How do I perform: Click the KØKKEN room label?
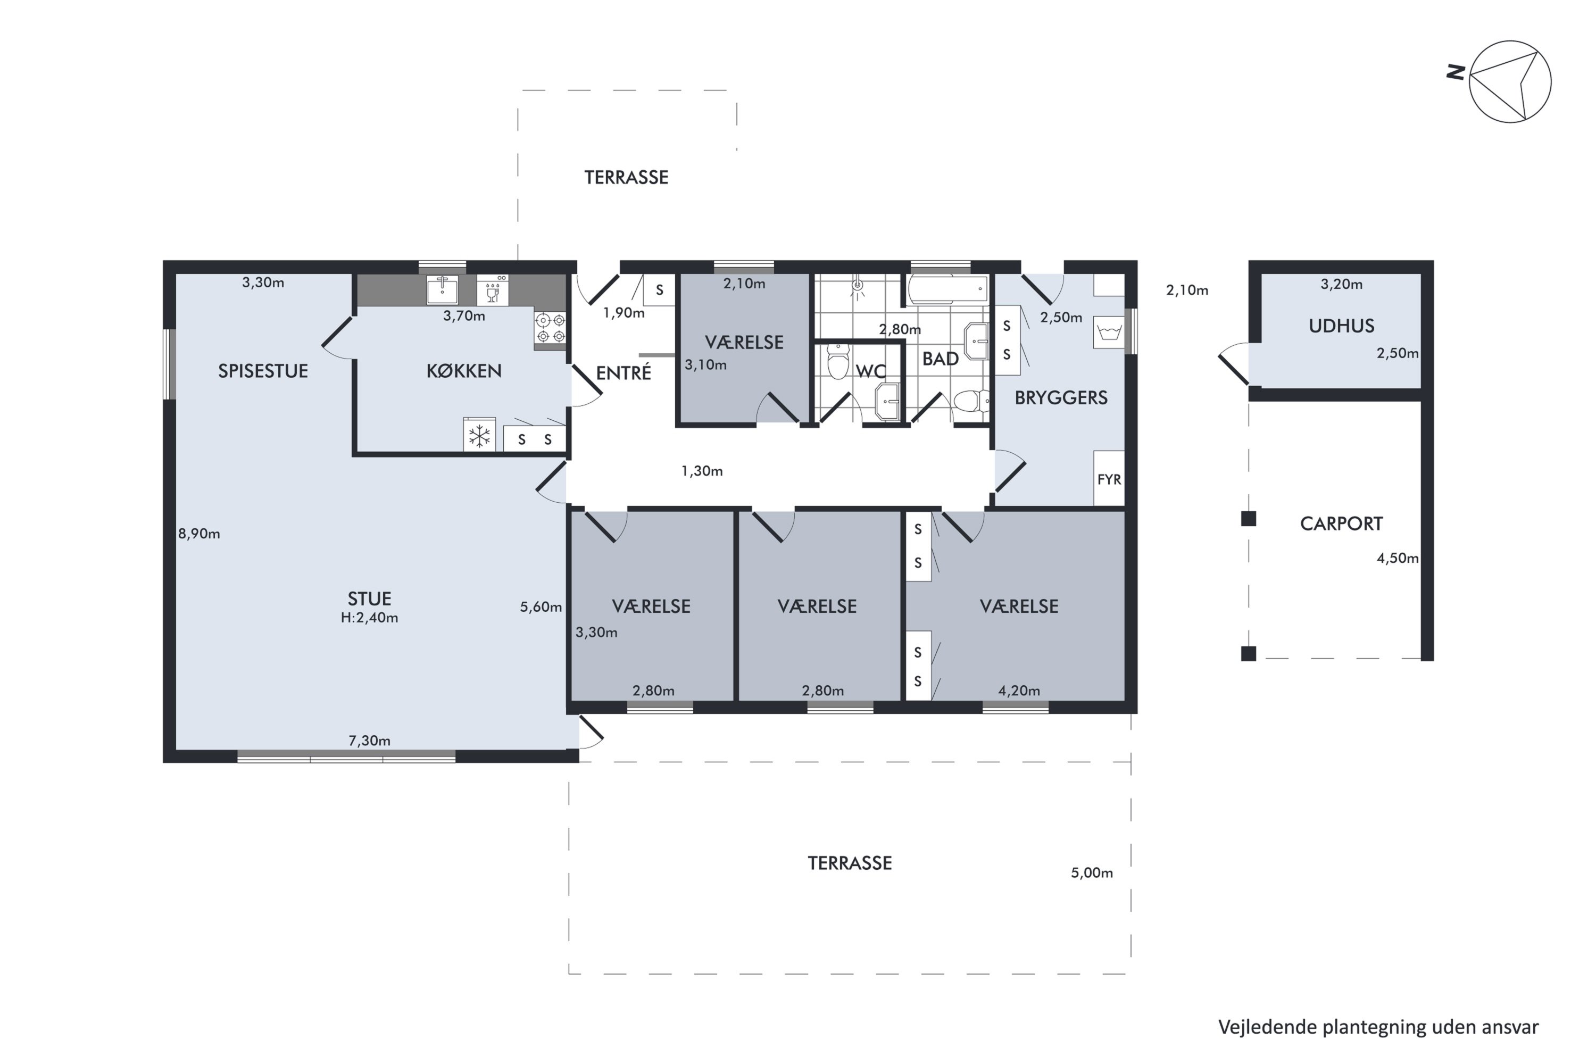(464, 371)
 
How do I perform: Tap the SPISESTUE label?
(263, 371)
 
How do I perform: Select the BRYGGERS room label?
(1061, 397)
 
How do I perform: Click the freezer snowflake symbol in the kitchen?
(479, 435)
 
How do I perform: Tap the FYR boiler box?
(1109, 478)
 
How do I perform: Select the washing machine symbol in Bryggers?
(1109, 333)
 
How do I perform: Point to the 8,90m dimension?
(199, 534)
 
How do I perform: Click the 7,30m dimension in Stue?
(369, 741)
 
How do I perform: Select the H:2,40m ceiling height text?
(369, 618)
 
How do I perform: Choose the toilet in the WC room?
(839, 361)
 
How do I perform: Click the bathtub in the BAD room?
(948, 290)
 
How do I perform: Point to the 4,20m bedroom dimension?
(1019, 691)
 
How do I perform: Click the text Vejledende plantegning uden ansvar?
(1378, 1027)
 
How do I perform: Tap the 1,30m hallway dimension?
(702, 471)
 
